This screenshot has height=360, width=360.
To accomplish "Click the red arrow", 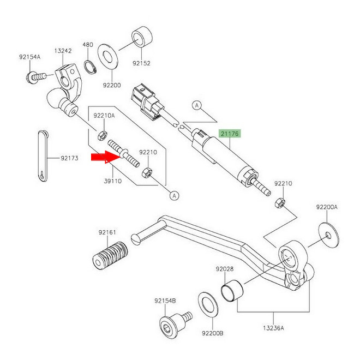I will click(104, 158).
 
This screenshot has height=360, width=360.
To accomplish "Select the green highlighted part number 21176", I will click(230, 133).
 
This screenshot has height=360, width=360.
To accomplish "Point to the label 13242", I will click(62, 51).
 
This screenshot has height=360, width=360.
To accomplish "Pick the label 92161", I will click(107, 232).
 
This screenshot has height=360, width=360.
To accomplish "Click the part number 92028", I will click(224, 269).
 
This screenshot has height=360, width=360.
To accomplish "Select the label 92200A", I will click(327, 207).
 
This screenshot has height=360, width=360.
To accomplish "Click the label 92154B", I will click(164, 300).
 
